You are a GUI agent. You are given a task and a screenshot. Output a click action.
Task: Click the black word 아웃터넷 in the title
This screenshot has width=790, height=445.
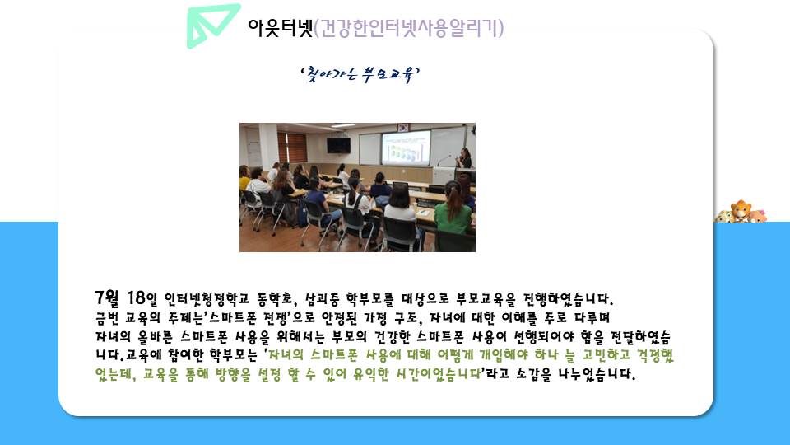[x=280, y=28]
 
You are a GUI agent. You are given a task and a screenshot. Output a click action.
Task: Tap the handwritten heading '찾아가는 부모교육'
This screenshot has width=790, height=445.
[x=360, y=75]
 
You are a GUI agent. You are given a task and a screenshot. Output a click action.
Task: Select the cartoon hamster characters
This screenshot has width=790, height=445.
[x=741, y=212]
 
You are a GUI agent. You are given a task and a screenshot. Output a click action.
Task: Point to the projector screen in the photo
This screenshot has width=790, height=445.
[x=406, y=148]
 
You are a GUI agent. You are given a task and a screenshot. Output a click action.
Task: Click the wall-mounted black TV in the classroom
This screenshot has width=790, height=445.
[x=338, y=145]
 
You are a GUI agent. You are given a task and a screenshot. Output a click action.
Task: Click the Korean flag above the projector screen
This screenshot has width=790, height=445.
[x=403, y=127]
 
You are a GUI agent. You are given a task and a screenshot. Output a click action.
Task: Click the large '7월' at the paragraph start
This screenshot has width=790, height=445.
[x=107, y=297]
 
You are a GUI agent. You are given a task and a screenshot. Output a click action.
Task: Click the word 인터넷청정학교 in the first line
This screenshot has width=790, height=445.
[x=207, y=300]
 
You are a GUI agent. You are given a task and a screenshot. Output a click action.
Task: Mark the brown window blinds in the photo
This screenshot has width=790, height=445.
[x=291, y=148]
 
